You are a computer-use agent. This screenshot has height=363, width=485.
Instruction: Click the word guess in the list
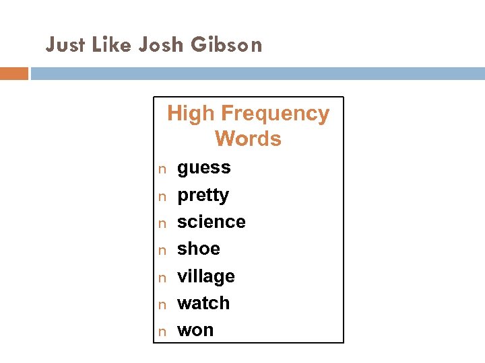(x=203, y=168)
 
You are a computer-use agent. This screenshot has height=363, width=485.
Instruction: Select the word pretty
(x=203, y=196)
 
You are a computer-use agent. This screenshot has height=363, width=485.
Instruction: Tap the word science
(x=211, y=222)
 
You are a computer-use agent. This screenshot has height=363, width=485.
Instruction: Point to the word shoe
(x=198, y=249)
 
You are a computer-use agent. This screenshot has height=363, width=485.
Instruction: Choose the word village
(x=205, y=276)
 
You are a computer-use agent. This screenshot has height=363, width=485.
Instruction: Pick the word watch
(x=203, y=303)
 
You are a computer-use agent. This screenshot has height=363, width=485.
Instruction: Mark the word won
(x=195, y=331)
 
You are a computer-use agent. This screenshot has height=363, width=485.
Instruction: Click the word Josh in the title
(x=162, y=45)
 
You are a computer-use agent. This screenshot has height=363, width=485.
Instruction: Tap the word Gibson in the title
(x=227, y=45)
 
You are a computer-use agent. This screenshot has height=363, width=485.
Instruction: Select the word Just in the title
(x=65, y=45)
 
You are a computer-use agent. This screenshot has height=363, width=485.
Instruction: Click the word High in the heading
(x=191, y=114)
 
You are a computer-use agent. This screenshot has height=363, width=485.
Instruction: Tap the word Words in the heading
(x=248, y=139)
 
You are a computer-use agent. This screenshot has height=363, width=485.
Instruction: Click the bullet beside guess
(x=162, y=169)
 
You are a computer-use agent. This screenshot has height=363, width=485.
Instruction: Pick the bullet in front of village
(x=162, y=278)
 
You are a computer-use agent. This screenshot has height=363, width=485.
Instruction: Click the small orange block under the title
(x=14, y=73)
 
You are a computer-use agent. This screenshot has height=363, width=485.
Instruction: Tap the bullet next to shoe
(x=162, y=251)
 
